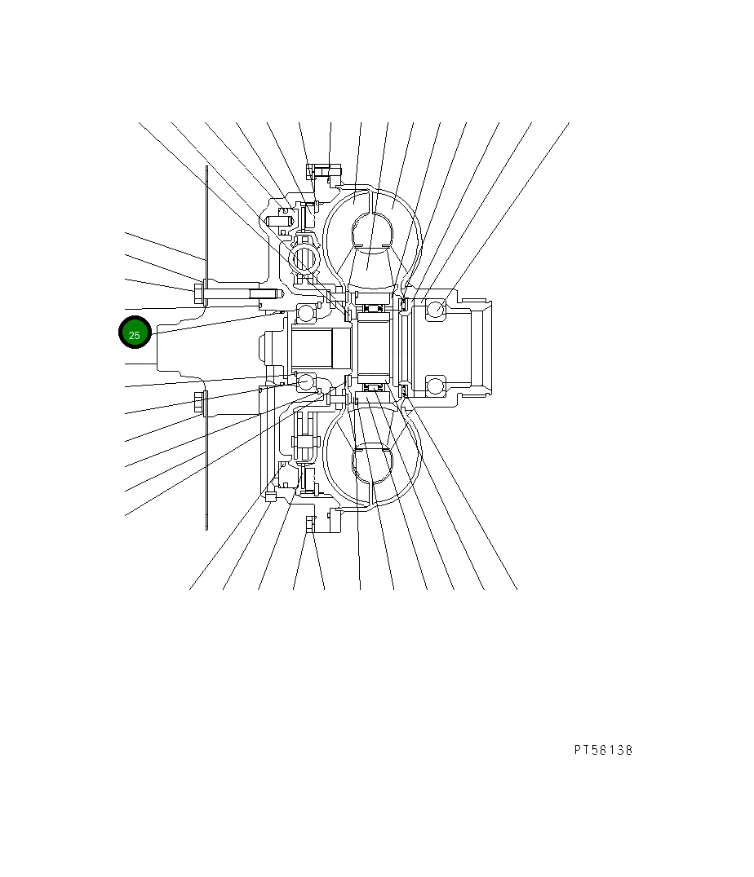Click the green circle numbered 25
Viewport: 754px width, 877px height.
click(x=135, y=334)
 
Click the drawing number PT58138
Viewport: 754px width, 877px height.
click(x=603, y=750)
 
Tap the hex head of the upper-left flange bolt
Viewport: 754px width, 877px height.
click(x=199, y=292)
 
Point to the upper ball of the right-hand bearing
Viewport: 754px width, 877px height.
click(x=435, y=309)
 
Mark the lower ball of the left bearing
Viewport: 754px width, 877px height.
click(x=306, y=381)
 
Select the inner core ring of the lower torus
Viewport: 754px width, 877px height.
click(x=371, y=461)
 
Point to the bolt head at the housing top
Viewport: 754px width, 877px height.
click(x=311, y=170)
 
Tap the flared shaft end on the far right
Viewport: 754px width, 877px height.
click(x=481, y=346)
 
